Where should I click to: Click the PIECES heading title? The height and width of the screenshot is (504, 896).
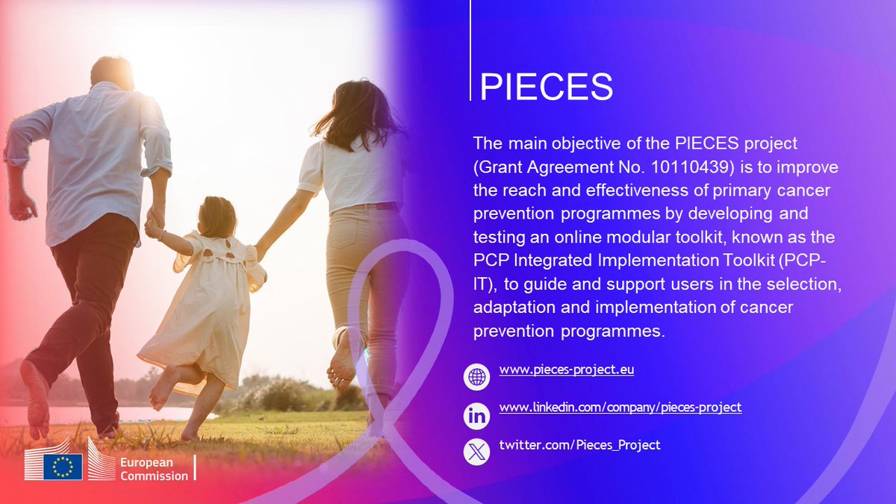coord(546,87)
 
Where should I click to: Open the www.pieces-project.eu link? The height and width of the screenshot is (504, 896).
coord(567,370)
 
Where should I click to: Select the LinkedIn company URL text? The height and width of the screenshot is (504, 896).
coord(620,408)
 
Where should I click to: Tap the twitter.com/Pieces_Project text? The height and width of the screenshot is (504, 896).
coord(579,445)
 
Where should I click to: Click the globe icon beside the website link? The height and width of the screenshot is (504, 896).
coord(476,377)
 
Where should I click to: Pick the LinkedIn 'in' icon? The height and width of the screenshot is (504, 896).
coord(476,416)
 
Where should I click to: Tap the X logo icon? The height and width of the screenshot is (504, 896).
coord(476,452)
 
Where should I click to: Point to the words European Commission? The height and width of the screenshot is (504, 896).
coord(155,469)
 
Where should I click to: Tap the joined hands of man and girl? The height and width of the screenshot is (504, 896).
coord(154,224)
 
